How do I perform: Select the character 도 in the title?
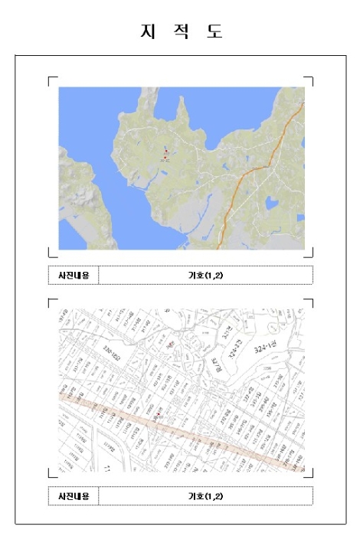(214, 31)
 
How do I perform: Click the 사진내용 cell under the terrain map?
(74, 275)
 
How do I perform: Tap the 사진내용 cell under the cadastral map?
(74, 496)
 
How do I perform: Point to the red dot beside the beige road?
(159, 416)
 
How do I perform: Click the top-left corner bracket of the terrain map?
(51, 78)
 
